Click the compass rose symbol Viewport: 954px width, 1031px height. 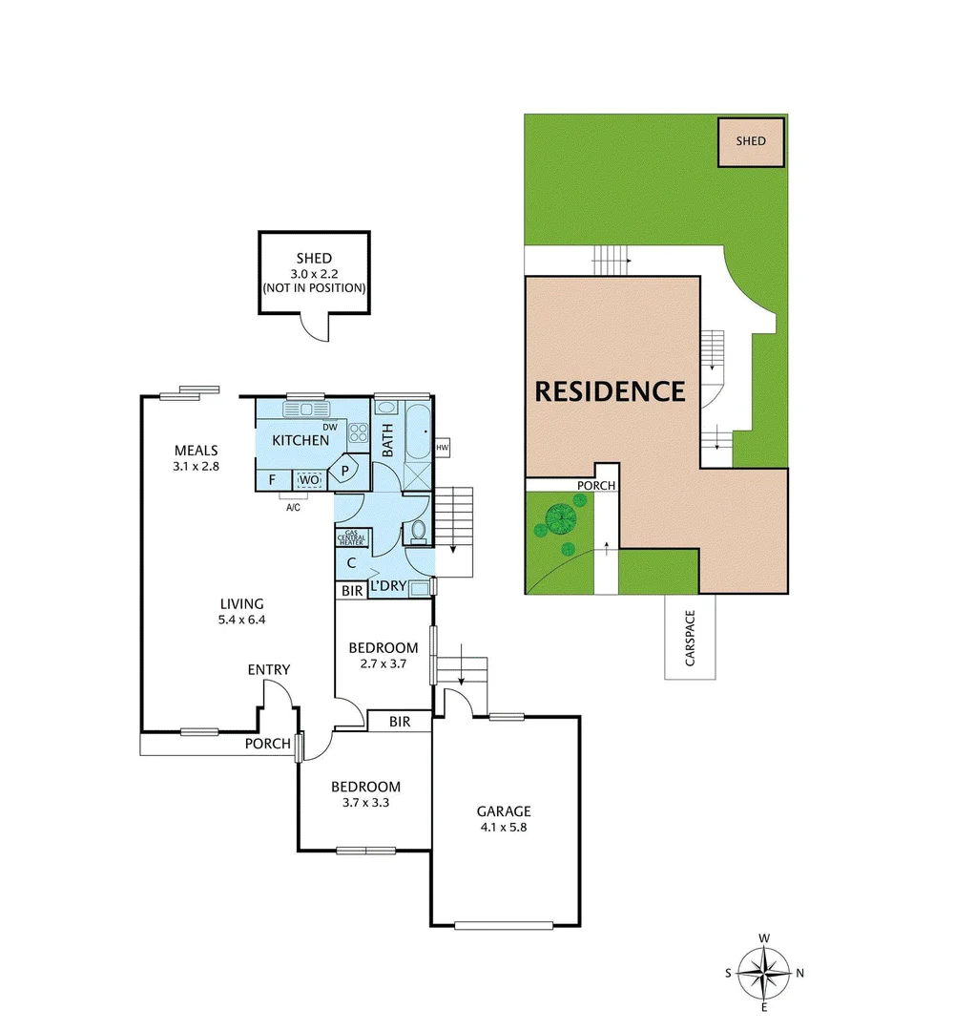[764, 973]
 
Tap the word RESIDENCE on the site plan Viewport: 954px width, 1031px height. [610, 391]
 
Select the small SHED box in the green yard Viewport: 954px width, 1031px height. [751, 141]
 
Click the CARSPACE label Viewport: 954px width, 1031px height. [690, 638]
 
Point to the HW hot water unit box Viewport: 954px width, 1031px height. [442, 448]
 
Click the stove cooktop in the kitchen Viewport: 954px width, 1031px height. [359, 435]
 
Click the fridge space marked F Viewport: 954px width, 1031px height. [273, 479]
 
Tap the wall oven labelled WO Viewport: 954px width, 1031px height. [308, 480]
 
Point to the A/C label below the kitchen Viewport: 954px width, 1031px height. [293, 507]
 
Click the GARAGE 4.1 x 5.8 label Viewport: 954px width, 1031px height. [504, 819]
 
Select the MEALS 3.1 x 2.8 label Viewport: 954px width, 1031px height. [197, 458]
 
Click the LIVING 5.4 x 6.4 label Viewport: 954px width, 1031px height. [241, 611]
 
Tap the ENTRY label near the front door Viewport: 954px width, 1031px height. [268, 670]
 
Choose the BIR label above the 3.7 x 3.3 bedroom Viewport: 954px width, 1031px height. [399, 722]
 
